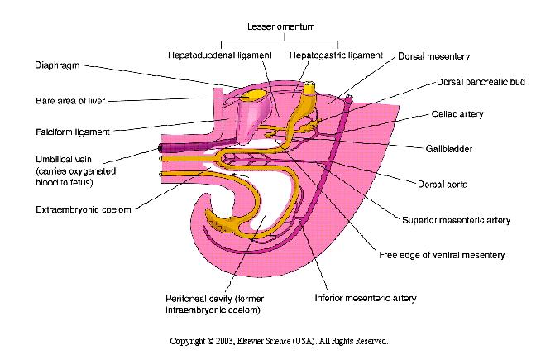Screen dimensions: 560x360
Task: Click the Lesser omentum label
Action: pyautogui.click(x=281, y=26)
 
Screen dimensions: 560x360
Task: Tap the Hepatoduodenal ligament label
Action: pyautogui.click(x=220, y=55)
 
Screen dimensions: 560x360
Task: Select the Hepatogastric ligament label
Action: pyautogui.click(x=336, y=55)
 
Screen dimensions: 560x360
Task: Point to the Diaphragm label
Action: pyautogui.click(x=57, y=65)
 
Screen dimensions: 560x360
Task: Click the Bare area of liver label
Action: pyautogui.click(x=70, y=101)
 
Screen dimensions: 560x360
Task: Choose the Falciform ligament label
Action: pyautogui.click(x=73, y=132)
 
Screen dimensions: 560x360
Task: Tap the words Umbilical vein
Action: pyautogui.click(x=64, y=159)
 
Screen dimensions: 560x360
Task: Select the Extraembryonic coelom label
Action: pyautogui.click(x=84, y=209)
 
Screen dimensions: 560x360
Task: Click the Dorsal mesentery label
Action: pyautogui.click(x=434, y=56)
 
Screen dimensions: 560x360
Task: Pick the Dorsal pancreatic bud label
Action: pyautogui.click(x=481, y=82)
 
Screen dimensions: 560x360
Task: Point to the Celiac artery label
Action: pyautogui.click(x=457, y=114)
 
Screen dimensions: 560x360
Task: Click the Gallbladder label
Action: pyautogui.click(x=449, y=149)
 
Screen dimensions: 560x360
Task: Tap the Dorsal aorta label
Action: pyautogui.click(x=443, y=185)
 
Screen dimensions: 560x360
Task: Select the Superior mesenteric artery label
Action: pyautogui.click(x=456, y=220)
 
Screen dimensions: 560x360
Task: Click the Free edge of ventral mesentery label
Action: pyautogui.click(x=442, y=255)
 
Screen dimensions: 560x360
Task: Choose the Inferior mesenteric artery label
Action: pyautogui.click(x=366, y=298)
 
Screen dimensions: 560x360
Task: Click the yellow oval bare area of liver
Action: pyautogui.click(x=253, y=95)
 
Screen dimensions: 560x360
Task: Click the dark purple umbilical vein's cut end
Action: pyautogui.click(x=160, y=147)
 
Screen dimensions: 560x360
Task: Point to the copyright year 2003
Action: pyautogui.click(x=225, y=341)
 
